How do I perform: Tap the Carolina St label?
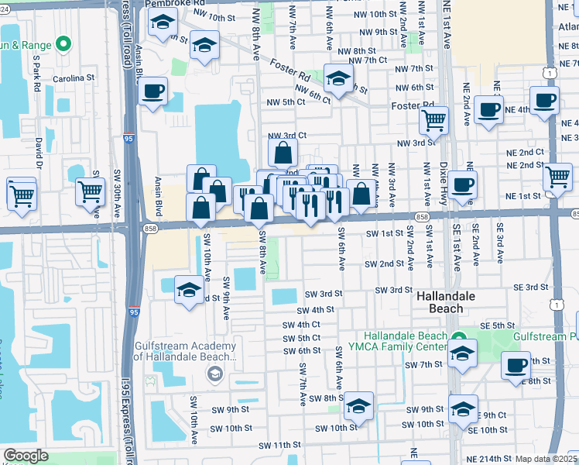click(73, 78)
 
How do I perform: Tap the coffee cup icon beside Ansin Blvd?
click(152, 91)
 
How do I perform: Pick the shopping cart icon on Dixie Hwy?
click(433, 119)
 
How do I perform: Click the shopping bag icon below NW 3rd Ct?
click(283, 152)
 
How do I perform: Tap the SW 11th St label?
click(279, 446)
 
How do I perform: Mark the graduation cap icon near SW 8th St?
click(358, 406)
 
